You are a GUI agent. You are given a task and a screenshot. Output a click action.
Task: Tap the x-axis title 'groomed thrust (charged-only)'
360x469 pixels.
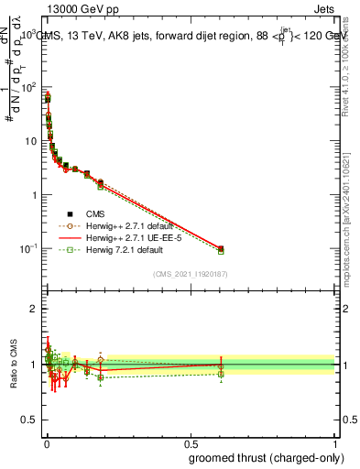point(259,457)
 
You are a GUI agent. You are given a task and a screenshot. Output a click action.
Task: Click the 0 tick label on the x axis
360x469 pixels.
point(47,442)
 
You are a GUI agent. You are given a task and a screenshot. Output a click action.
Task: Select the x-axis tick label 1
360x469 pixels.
point(334,442)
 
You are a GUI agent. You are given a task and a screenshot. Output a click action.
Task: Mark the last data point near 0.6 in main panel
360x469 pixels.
point(221,248)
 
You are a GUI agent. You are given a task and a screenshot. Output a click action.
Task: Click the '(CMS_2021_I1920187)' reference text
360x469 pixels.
point(190,273)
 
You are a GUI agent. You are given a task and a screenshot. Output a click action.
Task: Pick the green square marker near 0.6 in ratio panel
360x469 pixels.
point(221,374)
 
